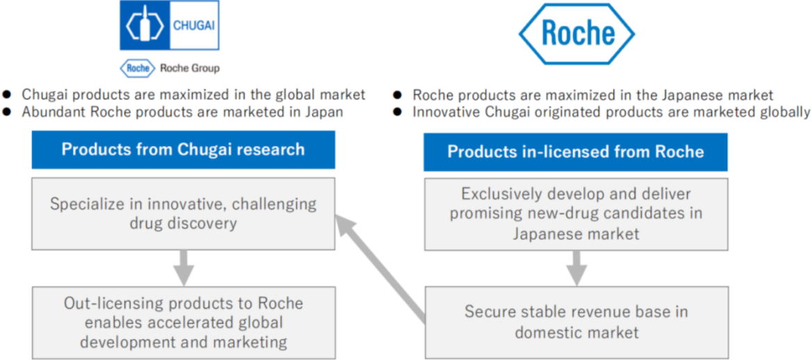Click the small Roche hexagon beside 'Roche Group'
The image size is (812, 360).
[137, 68]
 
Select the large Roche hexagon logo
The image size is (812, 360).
[576, 33]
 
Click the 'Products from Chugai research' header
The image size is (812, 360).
[184, 149]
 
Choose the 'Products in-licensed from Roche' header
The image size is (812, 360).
[576, 152]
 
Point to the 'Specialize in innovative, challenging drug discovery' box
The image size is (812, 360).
[184, 213]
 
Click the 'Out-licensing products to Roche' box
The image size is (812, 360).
[184, 322]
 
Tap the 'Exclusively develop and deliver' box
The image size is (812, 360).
[576, 215]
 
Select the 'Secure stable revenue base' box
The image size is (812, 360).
[576, 322]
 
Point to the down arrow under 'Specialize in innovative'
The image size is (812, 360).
[184, 268]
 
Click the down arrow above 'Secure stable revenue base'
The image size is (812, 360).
[576, 268]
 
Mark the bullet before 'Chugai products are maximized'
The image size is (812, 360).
[7, 95]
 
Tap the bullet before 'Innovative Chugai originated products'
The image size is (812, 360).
[397, 111]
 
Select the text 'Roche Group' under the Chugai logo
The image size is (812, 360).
[190, 68]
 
